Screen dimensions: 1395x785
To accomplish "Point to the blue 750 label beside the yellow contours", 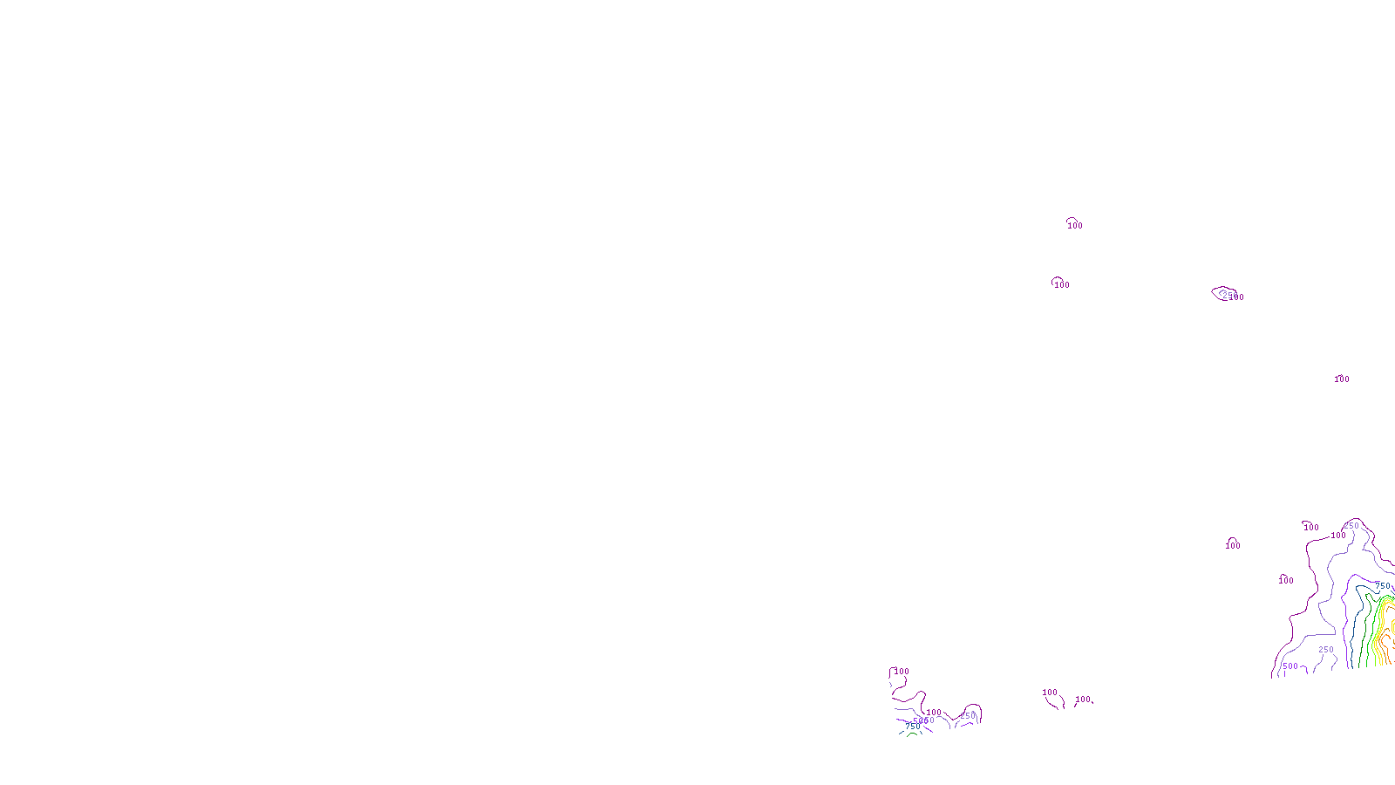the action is [1383, 586].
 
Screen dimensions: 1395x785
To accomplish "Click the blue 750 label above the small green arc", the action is [912, 727].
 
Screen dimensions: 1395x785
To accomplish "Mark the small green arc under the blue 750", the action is [911, 734].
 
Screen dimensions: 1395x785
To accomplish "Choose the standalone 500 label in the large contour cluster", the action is [1290, 666].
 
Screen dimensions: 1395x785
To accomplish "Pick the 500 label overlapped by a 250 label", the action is [918, 721].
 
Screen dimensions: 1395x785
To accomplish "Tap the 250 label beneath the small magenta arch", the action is [968, 716].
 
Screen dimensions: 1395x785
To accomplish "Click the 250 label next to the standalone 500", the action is [1326, 650].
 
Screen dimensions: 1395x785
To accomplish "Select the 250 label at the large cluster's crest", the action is [1351, 526].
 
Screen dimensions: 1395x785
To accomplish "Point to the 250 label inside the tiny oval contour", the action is [1229, 297].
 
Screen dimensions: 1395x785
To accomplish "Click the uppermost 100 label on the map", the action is [1075, 226].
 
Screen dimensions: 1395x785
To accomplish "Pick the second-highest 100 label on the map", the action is [1061, 285].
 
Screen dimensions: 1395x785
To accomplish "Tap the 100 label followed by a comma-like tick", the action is [1083, 700].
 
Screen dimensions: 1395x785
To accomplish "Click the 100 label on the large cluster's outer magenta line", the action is [1338, 536].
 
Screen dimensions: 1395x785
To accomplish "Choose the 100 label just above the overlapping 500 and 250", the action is [934, 713].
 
